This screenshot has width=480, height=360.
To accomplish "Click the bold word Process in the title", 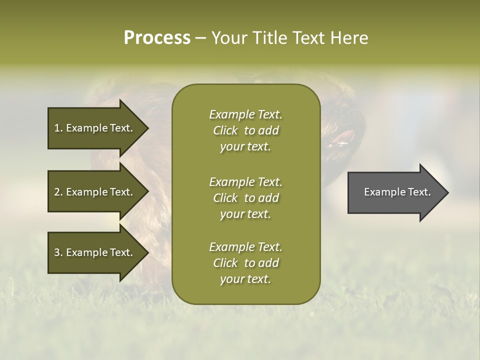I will [x=157, y=38].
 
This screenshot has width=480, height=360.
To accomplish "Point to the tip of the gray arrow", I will [x=447, y=192].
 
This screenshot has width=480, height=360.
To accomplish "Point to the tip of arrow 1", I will [x=147, y=128].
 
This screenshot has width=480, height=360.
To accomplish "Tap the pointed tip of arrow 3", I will [x=147, y=252].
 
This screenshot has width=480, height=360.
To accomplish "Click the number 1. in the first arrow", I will [x=58, y=128].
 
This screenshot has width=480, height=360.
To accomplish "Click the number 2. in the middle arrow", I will [x=58, y=192].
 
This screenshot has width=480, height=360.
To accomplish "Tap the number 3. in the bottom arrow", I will [x=58, y=252].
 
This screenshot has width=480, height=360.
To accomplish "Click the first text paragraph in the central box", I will [x=245, y=130].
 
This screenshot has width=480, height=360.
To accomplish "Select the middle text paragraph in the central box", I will [x=245, y=198].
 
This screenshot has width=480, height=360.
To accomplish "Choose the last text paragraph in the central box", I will [x=245, y=263].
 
